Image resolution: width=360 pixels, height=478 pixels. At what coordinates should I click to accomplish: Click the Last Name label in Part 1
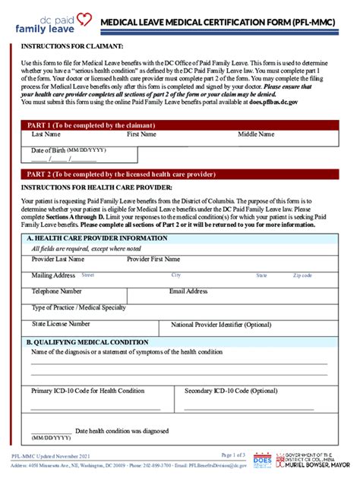coord(46,134)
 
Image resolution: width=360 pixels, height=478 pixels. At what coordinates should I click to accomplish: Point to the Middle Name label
coord(260,134)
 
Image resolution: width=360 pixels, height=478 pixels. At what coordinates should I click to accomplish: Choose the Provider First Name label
coord(154,259)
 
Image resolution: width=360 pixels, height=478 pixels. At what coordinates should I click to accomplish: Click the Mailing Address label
coord(53,275)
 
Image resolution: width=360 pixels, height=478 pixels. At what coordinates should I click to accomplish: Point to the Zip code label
coord(302,275)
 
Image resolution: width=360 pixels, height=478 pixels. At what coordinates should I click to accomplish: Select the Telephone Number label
coord(57,291)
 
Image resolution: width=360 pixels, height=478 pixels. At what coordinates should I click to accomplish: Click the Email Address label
coord(188,291)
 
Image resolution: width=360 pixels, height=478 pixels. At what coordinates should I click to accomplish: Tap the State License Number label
coord(61,323)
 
